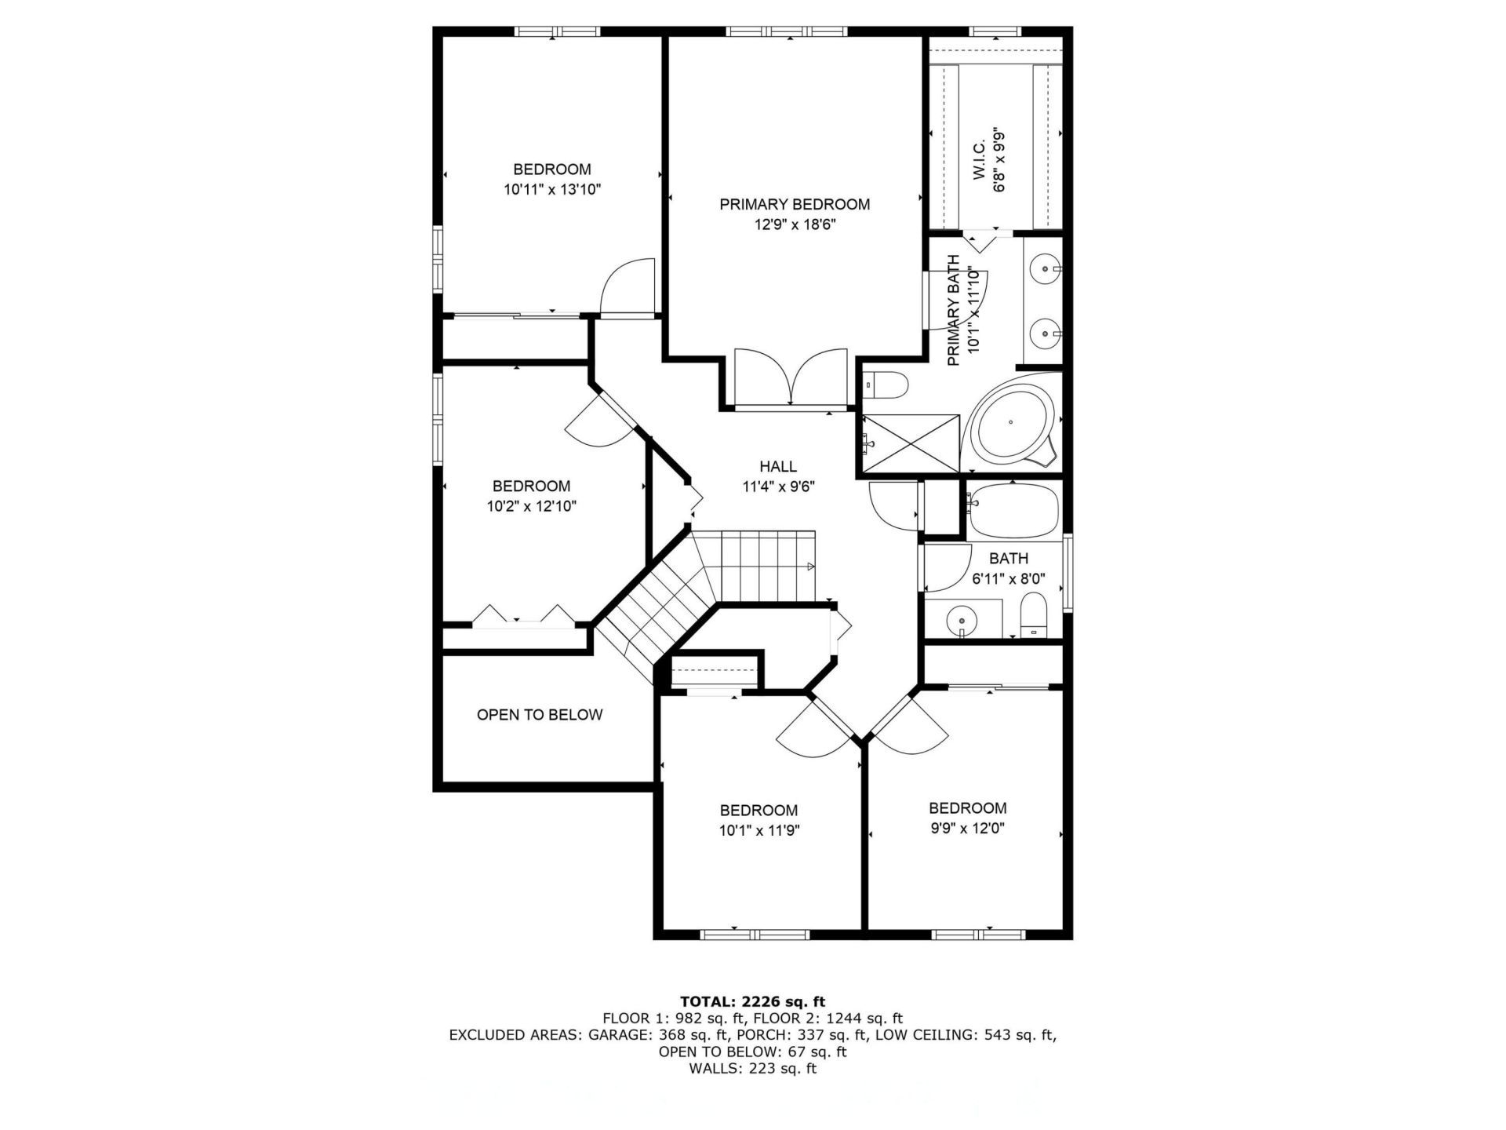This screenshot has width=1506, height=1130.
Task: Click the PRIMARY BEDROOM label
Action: click(795, 205)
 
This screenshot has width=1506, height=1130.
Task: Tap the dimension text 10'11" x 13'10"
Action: click(552, 189)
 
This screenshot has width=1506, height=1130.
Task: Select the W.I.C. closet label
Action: click(980, 160)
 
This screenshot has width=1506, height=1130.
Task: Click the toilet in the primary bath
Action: click(886, 385)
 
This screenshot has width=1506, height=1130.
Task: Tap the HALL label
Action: click(777, 467)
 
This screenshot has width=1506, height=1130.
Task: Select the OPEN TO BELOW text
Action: click(540, 715)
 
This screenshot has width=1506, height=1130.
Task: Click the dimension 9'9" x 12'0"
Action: click(967, 828)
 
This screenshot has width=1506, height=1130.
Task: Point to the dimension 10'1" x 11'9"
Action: click(758, 830)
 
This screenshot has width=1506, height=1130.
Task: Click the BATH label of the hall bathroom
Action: click(1008, 559)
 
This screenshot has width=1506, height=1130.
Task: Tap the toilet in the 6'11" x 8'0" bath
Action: click(1033, 614)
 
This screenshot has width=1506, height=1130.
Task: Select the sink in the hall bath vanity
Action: click(962, 620)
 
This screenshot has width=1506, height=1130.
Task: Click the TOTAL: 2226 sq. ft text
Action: click(752, 1001)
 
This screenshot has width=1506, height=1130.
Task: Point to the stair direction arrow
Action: click(810, 566)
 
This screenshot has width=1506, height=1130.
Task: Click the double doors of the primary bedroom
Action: click(791, 378)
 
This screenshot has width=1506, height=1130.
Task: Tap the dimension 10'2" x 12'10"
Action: click(531, 506)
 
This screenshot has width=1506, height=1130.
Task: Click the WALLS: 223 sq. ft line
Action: click(752, 1069)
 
